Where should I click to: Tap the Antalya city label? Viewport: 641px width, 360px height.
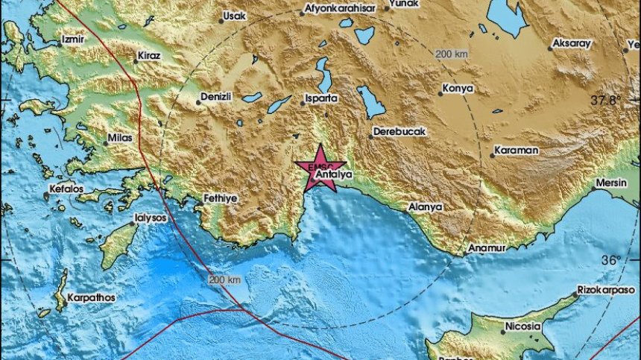pos(333,175)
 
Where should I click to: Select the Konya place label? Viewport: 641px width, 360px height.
pos(458,88)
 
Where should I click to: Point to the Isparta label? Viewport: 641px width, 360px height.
pos(322,98)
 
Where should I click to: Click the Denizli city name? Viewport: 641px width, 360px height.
pos(217,98)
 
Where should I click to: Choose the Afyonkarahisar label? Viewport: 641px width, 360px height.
pos(338,10)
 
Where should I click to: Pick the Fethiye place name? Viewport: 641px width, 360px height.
pos(220,198)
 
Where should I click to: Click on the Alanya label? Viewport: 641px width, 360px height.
pos(426,206)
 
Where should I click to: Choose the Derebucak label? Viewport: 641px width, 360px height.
pos(400,132)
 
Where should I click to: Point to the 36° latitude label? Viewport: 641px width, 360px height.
pos(610,260)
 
